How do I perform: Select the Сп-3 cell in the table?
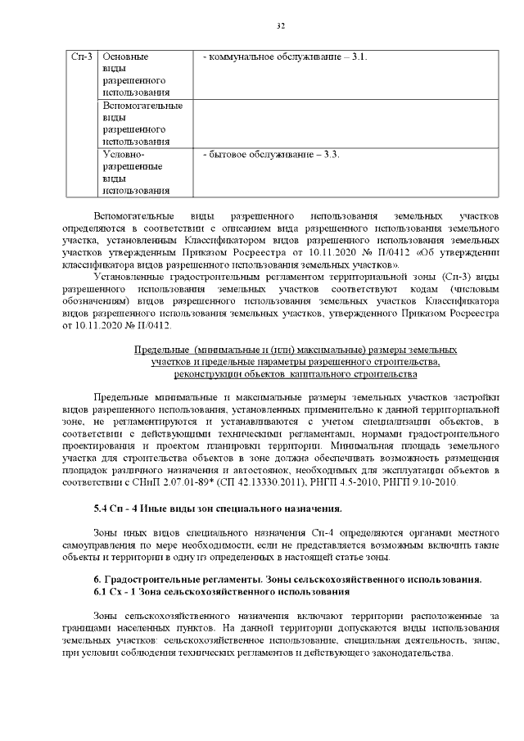coord(80,57)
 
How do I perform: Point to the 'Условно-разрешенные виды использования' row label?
coord(131,172)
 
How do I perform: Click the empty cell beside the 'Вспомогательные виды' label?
coord(344,124)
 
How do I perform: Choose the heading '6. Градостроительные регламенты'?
coord(287,579)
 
